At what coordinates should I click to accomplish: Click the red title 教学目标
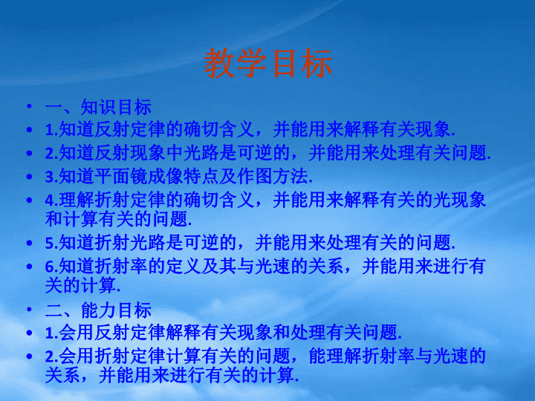(267, 62)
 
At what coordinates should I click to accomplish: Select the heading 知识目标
(116, 107)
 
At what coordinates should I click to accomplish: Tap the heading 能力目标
(116, 310)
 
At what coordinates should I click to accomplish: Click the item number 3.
(50, 177)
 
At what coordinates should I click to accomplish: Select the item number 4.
(50, 200)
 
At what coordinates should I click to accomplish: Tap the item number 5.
(50, 244)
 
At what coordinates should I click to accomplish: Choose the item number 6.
(50, 267)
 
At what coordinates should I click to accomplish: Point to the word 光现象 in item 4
(459, 200)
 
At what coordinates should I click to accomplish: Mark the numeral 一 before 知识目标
(53, 107)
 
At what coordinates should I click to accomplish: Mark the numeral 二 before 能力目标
(53, 310)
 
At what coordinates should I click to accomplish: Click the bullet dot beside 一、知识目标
(30, 107)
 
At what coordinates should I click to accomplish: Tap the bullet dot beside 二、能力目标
(30, 310)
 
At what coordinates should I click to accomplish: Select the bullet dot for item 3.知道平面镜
(30, 177)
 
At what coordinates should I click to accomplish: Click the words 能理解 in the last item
(335, 356)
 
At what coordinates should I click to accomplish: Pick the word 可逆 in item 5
(201, 243)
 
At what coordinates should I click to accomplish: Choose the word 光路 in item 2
(201, 153)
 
